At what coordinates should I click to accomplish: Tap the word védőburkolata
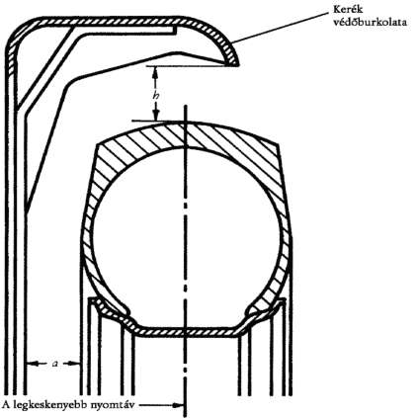pos(370,23)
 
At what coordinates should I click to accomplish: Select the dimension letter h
pos(156,96)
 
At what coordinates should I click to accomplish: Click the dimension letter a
pos(55,364)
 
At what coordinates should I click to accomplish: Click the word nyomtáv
pos(113,405)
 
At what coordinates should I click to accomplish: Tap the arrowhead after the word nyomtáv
pos(179,405)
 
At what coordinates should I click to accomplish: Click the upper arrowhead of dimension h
pos(155,72)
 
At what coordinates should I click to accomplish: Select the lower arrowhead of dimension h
pos(157,115)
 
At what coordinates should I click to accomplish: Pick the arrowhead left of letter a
pos(32,364)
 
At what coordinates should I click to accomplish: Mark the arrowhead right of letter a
pos(75,364)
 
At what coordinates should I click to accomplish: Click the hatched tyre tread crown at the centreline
pos(187,134)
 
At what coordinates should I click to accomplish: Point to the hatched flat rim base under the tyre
pos(186,332)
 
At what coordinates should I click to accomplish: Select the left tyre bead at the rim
pos(111,308)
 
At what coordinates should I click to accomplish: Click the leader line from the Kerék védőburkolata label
pos(280,28)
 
